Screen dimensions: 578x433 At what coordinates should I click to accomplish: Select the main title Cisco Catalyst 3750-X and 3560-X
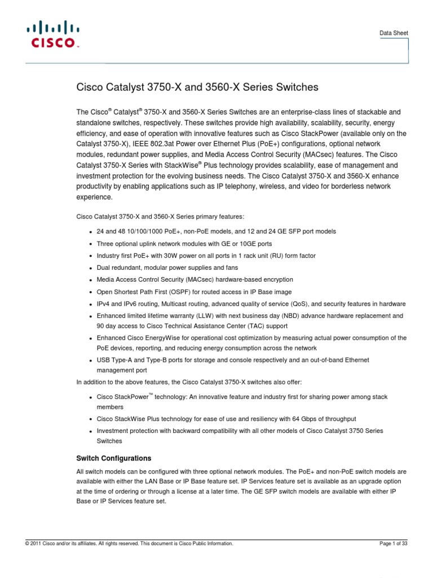[197, 87]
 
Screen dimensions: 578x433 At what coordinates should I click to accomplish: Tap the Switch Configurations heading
[114, 458]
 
